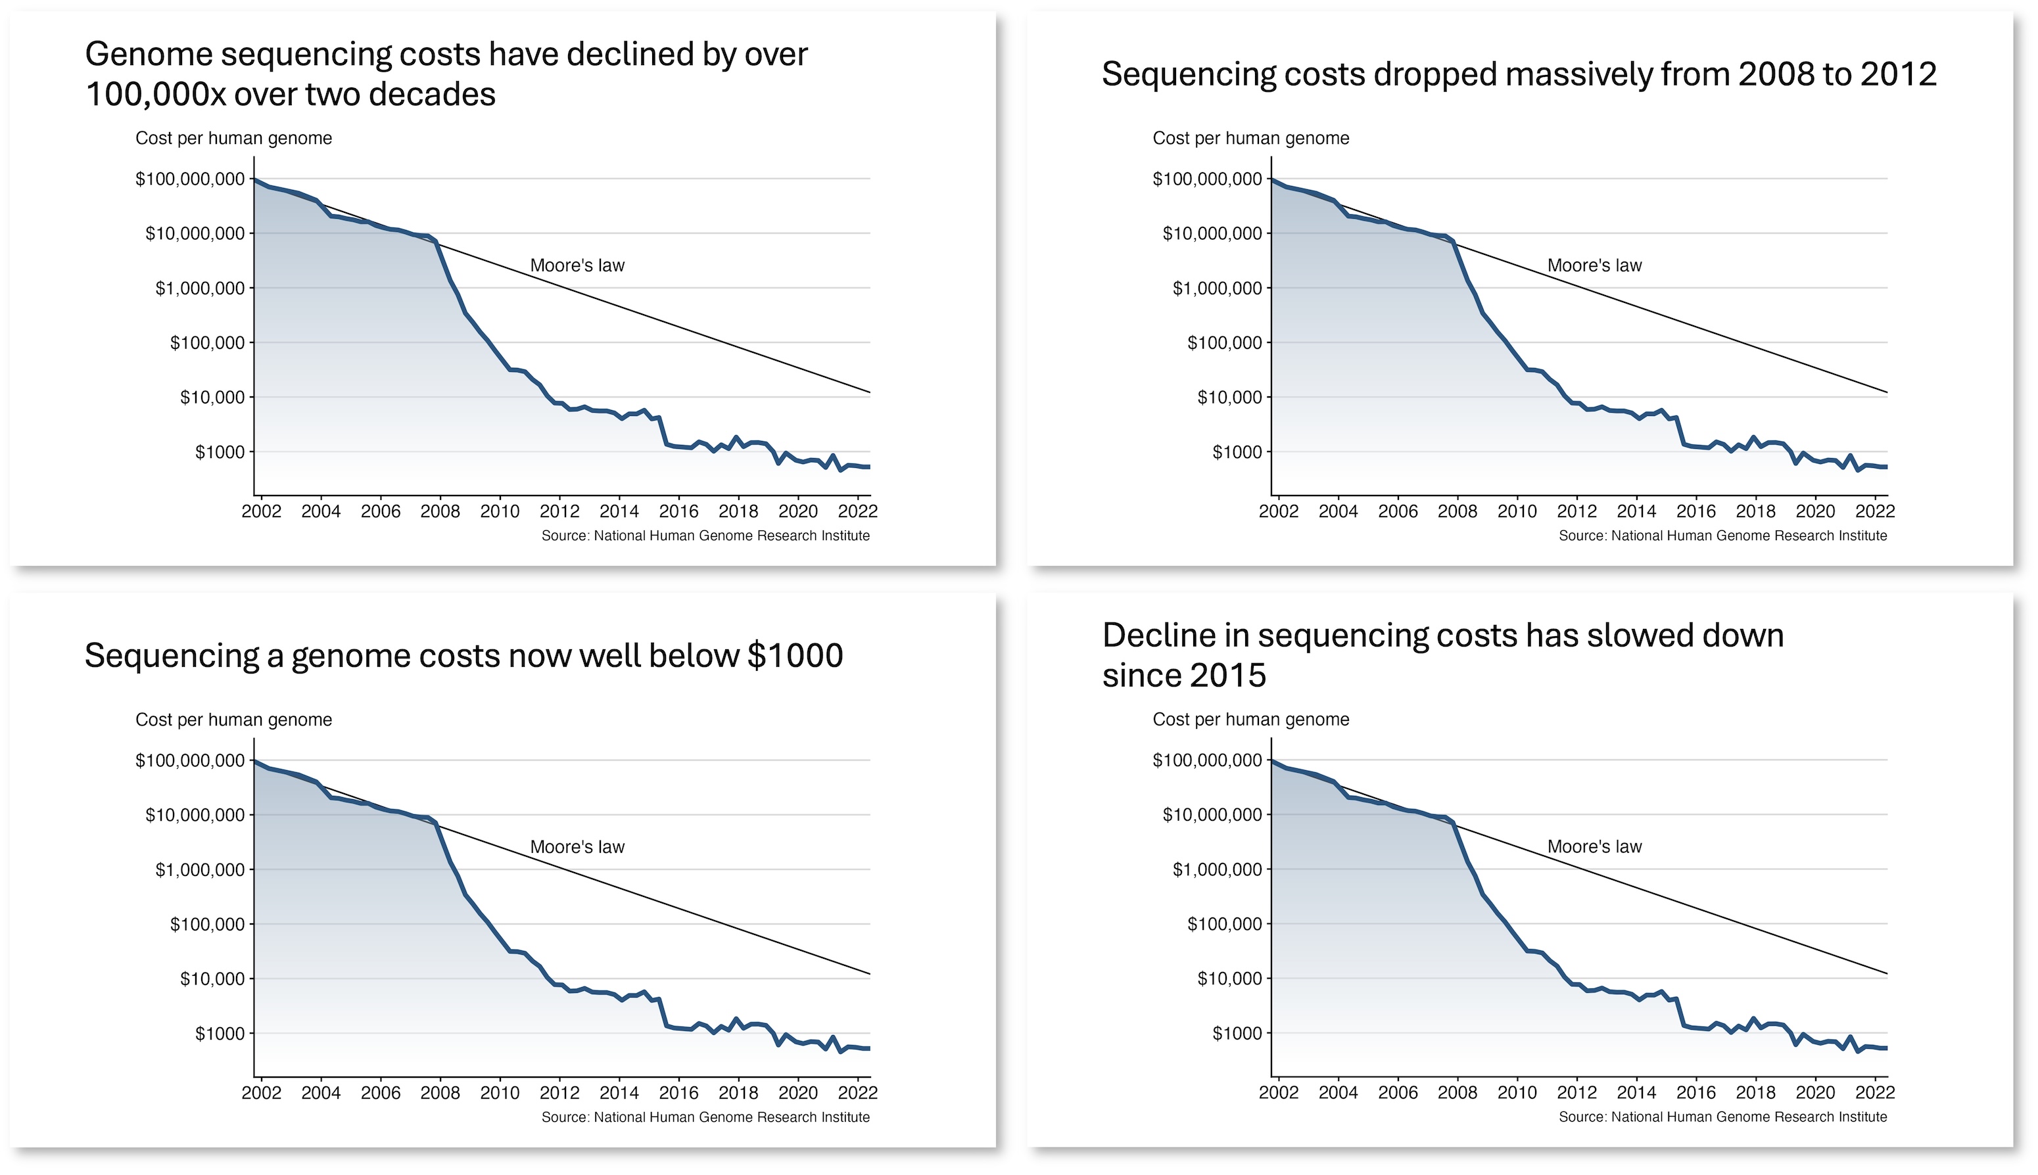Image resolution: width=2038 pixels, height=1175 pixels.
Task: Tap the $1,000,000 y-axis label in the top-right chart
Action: (1216, 288)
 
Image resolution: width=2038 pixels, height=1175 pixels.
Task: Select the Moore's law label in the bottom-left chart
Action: (577, 846)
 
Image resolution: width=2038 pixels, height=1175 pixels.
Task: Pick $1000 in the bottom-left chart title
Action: (795, 655)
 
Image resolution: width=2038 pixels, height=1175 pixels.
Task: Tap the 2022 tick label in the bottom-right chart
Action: (1874, 1093)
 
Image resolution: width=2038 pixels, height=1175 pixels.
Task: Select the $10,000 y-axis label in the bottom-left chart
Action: (212, 979)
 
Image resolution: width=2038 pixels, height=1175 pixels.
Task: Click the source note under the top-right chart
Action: (1722, 536)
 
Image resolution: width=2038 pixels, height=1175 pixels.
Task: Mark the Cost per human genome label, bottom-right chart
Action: (1250, 719)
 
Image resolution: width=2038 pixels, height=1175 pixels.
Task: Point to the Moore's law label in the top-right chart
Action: (1594, 265)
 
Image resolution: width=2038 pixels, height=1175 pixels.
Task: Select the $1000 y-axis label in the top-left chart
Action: (220, 452)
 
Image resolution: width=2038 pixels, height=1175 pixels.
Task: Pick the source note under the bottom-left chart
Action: (705, 1117)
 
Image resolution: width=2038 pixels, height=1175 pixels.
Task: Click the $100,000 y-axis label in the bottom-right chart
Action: (1223, 924)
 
